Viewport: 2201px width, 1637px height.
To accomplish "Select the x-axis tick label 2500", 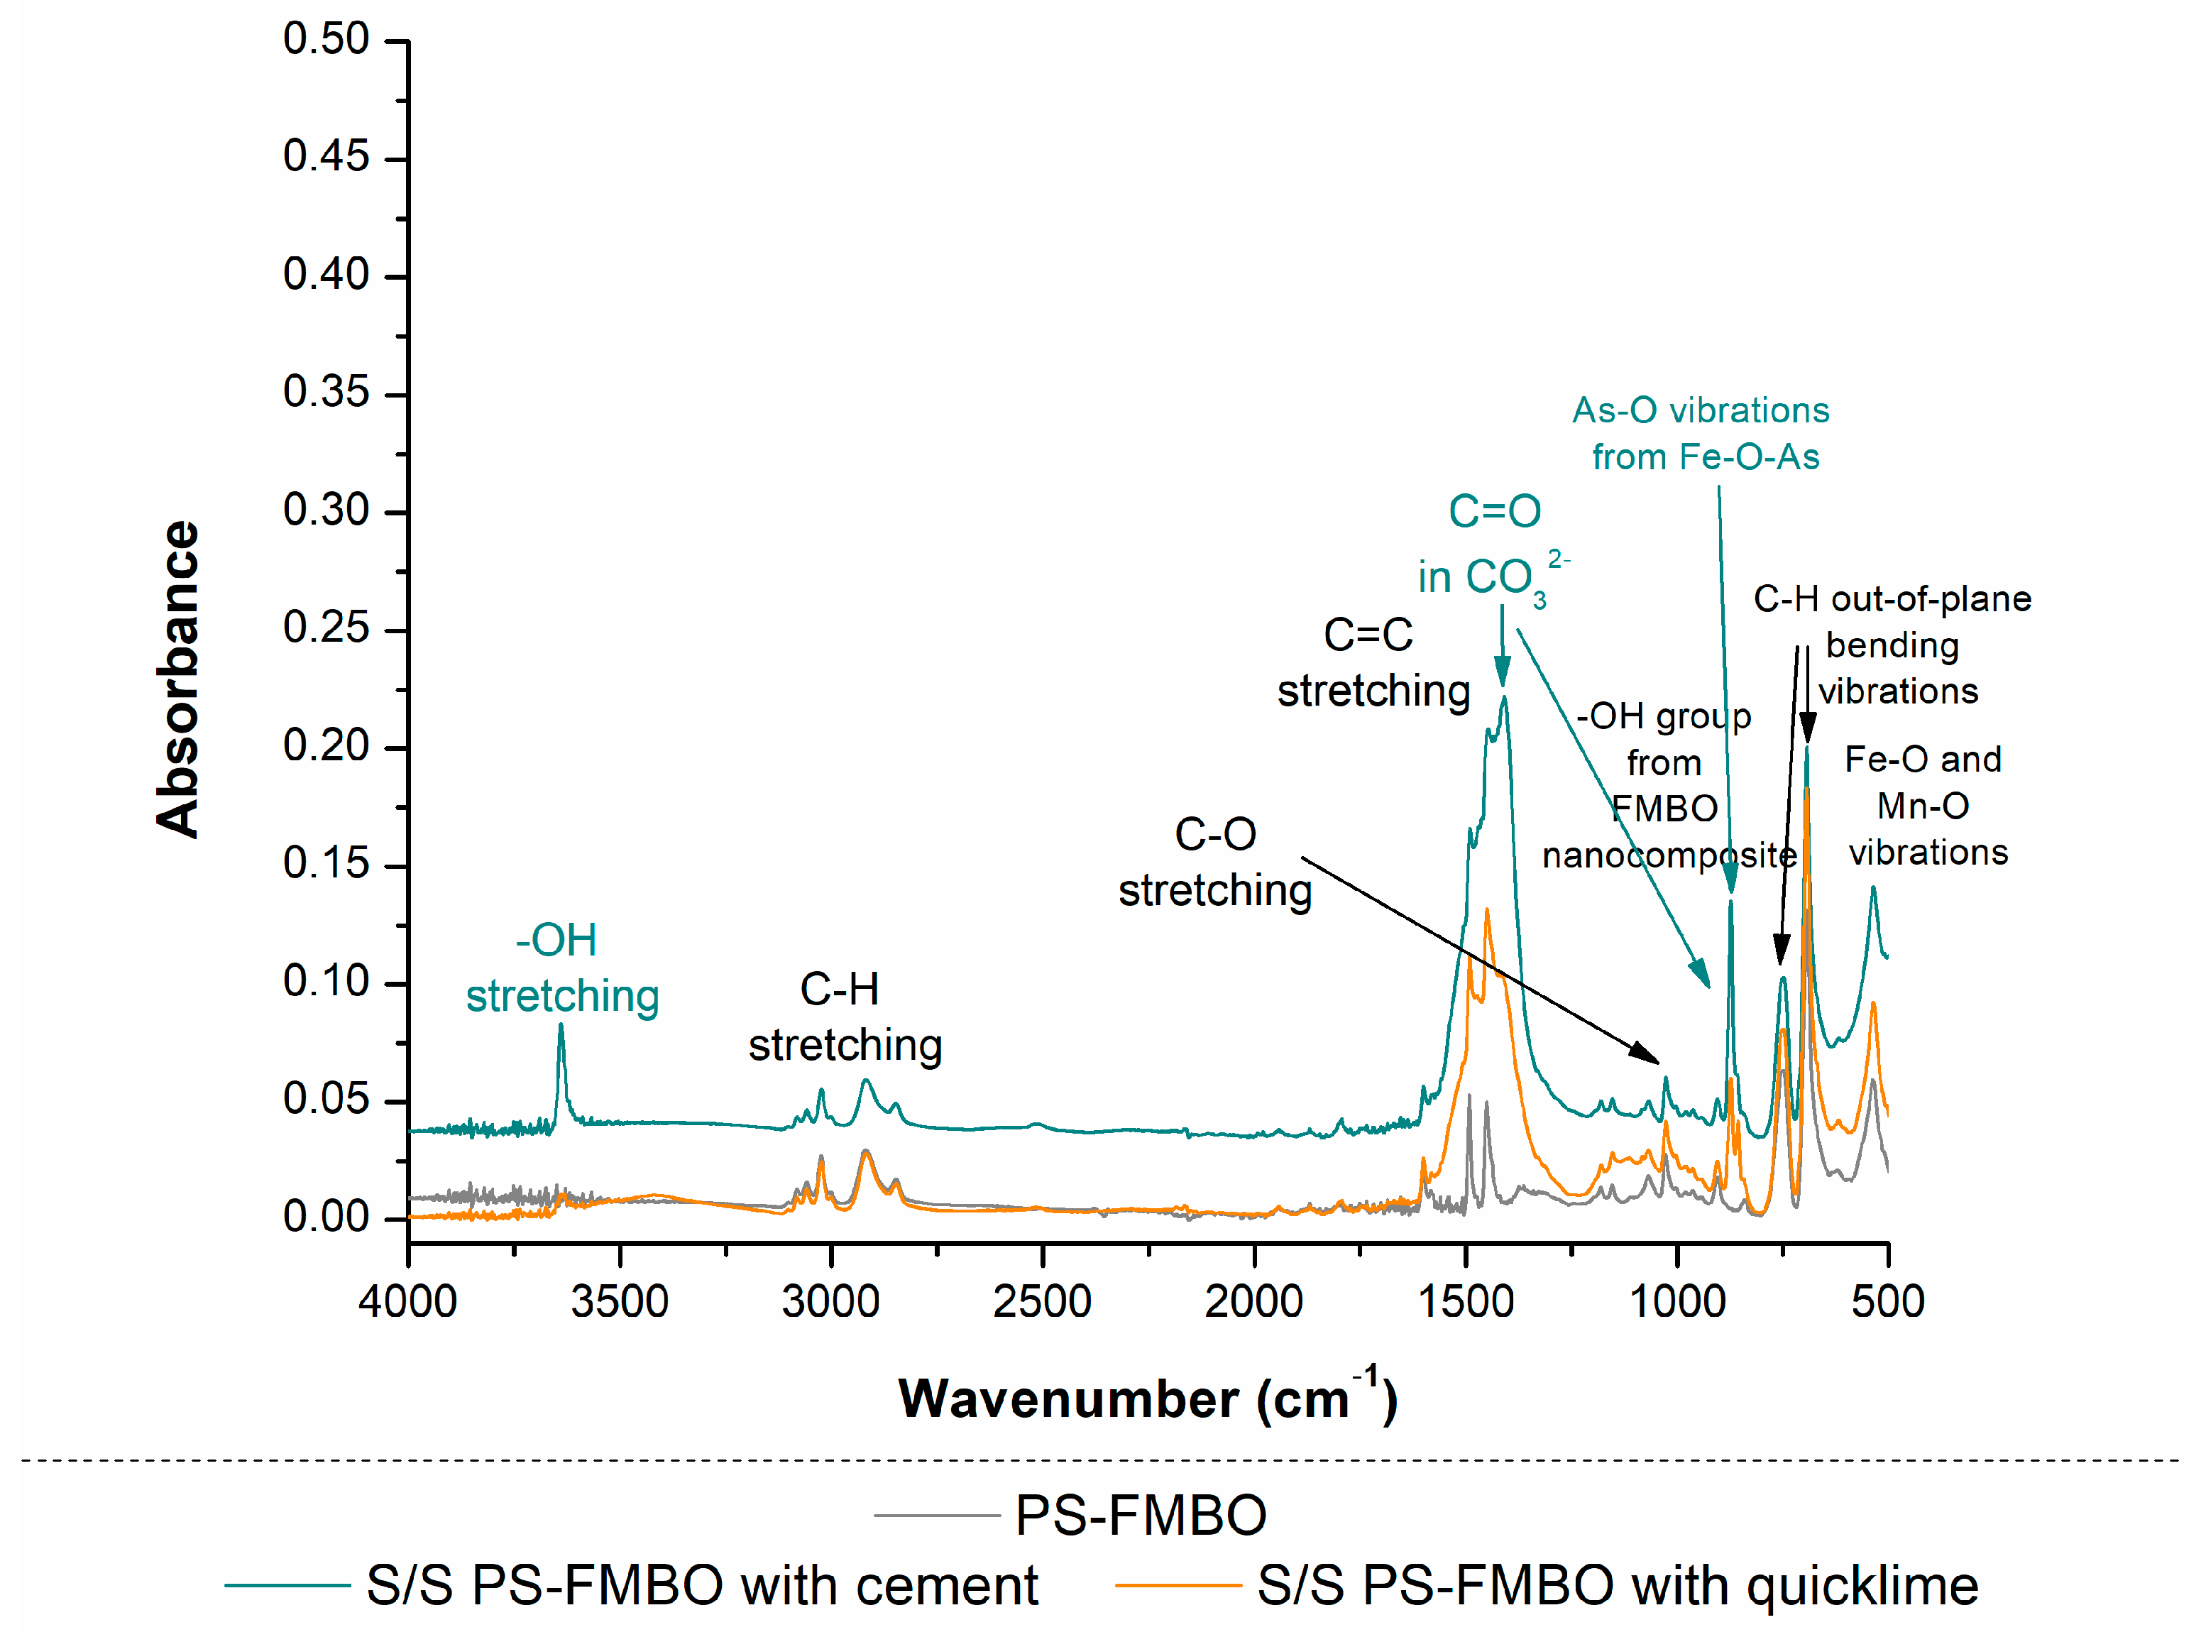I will click(1042, 1301).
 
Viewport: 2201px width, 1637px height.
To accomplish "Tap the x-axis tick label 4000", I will click(408, 1301).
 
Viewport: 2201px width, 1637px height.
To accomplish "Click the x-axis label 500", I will click(1888, 1301).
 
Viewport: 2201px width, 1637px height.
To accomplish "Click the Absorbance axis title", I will click(178, 680).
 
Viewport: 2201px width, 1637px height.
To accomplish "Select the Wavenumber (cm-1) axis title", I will click(1147, 1398).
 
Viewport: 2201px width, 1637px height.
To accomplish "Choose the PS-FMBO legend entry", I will click(1139, 1515).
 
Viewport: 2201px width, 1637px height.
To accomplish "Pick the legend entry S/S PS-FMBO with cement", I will click(701, 1584).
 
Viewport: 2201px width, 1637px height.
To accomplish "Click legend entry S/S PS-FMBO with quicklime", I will click(1617, 1584).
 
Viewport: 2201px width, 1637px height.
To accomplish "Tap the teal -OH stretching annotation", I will click(561, 968).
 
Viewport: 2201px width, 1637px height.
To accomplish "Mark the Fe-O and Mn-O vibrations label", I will click(1926, 806).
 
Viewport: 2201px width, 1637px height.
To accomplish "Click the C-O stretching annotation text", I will click(1215, 862).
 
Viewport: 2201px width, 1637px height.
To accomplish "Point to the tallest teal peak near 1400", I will click(1504, 698).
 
